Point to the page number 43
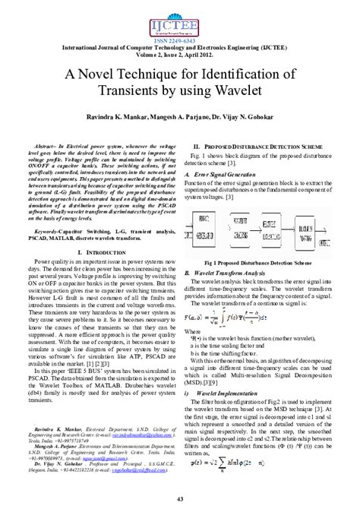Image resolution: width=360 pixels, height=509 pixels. [x=179, y=498]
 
